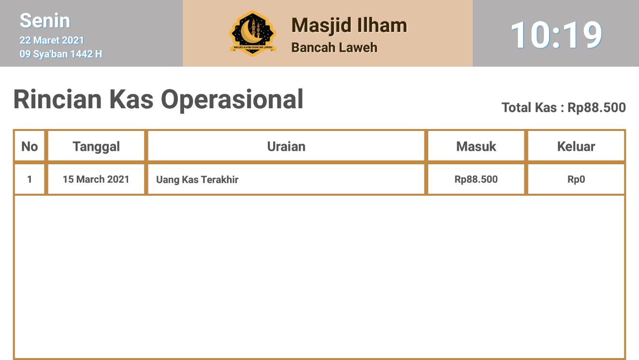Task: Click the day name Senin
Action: click(x=45, y=21)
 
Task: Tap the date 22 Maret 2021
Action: click(x=52, y=40)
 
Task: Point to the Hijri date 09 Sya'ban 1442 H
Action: click(x=61, y=54)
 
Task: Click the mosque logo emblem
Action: click(x=252, y=33)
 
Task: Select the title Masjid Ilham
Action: click(x=349, y=26)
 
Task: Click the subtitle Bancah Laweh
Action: click(x=334, y=47)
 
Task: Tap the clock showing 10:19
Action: click(x=556, y=35)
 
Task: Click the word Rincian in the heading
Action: click(x=58, y=99)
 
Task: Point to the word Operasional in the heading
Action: click(x=232, y=100)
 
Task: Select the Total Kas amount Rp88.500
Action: click(x=596, y=108)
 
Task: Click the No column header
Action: click(x=29, y=146)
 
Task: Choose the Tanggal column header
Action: click(x=96, y=147)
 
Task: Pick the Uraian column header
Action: click(x=286, y=146)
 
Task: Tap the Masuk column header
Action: click(x=476, y=146)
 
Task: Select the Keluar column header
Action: click(x=576, y=146)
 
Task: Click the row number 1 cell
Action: click(x=29, y=179)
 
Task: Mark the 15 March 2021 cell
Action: click(x=96, y=179)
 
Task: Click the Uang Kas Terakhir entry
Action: click(x=197, y=179)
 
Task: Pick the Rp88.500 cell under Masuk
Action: click(x=476, y=179)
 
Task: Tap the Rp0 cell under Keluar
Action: click(x=576, y=179)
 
